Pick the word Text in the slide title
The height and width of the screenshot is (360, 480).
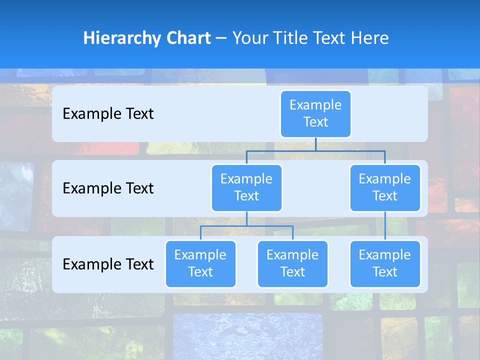331,38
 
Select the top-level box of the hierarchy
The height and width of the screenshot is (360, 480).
315,113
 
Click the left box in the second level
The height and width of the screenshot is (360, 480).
246,187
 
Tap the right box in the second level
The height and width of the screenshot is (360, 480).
385,187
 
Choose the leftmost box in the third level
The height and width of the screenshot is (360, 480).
200,263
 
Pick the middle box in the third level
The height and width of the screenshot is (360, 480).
292,263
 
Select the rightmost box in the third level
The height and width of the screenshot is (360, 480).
385,263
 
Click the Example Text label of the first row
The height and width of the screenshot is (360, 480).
108,114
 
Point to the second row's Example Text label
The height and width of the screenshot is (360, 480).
108,188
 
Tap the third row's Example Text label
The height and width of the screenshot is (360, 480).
108,264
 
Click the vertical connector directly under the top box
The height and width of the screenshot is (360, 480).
315,144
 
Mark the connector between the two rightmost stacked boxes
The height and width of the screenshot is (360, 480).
385,226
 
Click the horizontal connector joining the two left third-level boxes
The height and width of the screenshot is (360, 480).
246,226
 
